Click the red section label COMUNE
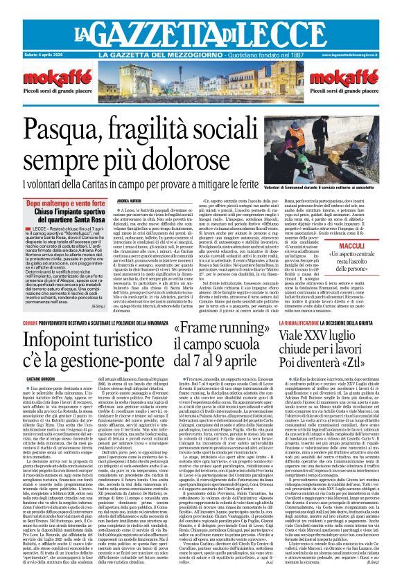31,323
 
